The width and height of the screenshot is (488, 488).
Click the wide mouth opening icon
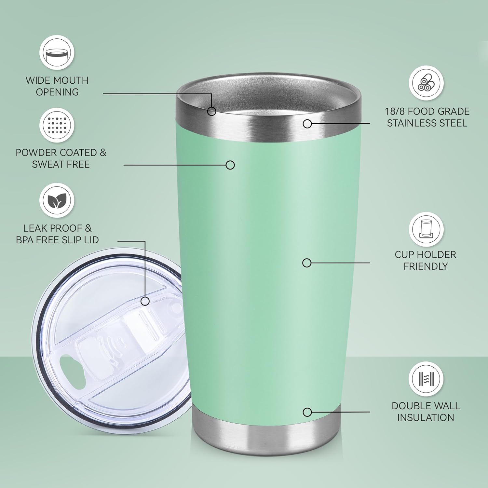click(x=57, y=52)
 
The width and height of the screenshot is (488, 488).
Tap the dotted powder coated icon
click(x=57, y=125)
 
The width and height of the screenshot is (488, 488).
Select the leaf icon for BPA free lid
click(x=57, y=200)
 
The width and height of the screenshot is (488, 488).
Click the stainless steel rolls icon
click(x=426, y=83)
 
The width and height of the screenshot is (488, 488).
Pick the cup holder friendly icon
click(x=426, y=229)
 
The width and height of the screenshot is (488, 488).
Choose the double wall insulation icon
click(x=426, y=379)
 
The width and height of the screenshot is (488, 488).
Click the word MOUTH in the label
click(x=71, y=80)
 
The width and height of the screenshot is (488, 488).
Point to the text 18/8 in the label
click(x=395, y=111)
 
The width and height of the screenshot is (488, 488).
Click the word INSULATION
click(x=426, y=417)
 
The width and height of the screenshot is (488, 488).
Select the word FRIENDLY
click(x=426, y=266)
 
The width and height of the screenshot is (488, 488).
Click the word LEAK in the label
click(x=35, y=228)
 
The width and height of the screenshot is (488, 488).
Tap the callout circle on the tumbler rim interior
click(x=212, y=112)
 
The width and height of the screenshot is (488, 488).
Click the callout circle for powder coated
click(x=230, y=165)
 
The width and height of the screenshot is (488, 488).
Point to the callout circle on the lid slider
click(x=145, y=301)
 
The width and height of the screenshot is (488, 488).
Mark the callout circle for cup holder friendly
click(x=307, y=263)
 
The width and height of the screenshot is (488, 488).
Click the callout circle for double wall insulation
click(x=307, y=412)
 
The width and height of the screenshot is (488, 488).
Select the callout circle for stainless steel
click(x=307, y=124)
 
